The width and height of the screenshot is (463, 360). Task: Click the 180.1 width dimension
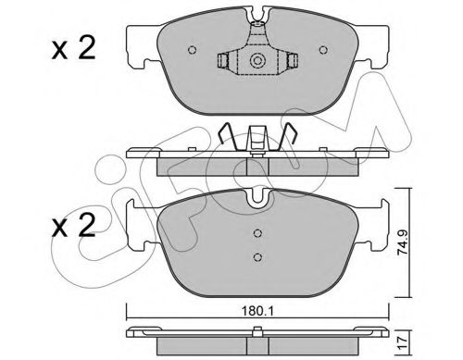click(x=257, y=312)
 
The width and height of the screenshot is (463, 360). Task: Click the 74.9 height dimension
click(x=403, y=242)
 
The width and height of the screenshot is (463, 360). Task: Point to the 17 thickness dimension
click(x=404, y=341)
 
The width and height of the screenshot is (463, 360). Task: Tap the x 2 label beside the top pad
click(x=73, y=48)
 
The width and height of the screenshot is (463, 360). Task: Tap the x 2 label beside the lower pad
click(x=73, y=226)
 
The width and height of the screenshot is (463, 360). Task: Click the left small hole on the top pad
click(x=192, y=50)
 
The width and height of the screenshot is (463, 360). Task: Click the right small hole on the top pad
click(x=323, y=50)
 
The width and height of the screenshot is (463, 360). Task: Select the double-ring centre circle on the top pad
click(x=257, y=60)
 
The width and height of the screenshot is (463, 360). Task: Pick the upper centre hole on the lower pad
click(x=257, y=233)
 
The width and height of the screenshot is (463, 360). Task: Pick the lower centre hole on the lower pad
click(x=257, y=256)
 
